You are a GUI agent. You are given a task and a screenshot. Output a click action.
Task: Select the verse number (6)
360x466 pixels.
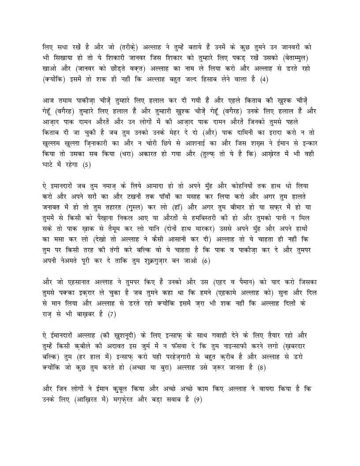(x=205, y=261)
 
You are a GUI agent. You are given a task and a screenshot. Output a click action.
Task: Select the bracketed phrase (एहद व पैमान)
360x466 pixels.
(x=234, y=282)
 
